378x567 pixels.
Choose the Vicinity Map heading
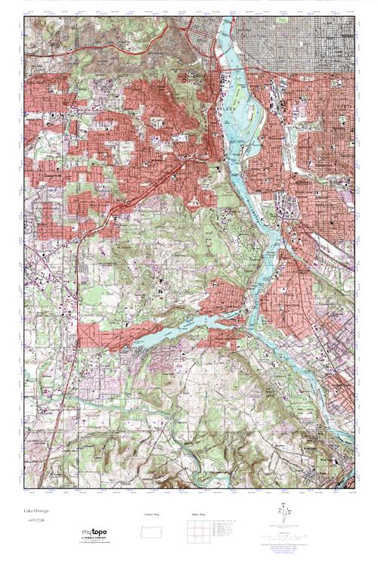click(152, 514)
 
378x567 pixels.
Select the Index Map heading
click(199, 514)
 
